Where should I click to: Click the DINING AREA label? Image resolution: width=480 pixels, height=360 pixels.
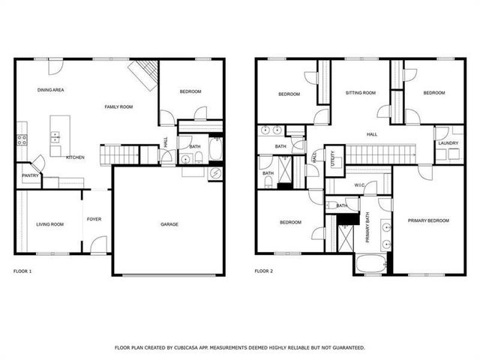[51, 90]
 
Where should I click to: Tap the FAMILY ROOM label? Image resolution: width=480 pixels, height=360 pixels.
[118, 107]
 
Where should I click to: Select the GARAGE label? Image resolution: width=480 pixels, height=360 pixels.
[169, 223]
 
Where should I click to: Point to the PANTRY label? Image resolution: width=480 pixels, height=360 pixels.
[30, 175]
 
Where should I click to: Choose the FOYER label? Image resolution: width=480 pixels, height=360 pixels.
[94, 219]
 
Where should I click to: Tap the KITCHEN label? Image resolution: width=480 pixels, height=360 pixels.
[75, 157]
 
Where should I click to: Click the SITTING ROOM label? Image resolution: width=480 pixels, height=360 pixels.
[360, 93]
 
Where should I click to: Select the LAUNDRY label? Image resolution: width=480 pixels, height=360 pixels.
[448, 142]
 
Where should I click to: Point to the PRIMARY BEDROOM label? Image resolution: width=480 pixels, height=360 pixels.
[428, 220]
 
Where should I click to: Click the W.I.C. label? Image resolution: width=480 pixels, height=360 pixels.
[360, 184]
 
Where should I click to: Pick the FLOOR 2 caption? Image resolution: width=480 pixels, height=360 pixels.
[263, 270]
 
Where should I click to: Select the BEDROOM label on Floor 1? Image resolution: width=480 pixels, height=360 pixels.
[190, 91]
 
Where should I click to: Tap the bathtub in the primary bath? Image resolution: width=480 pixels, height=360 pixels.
[370, 265]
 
